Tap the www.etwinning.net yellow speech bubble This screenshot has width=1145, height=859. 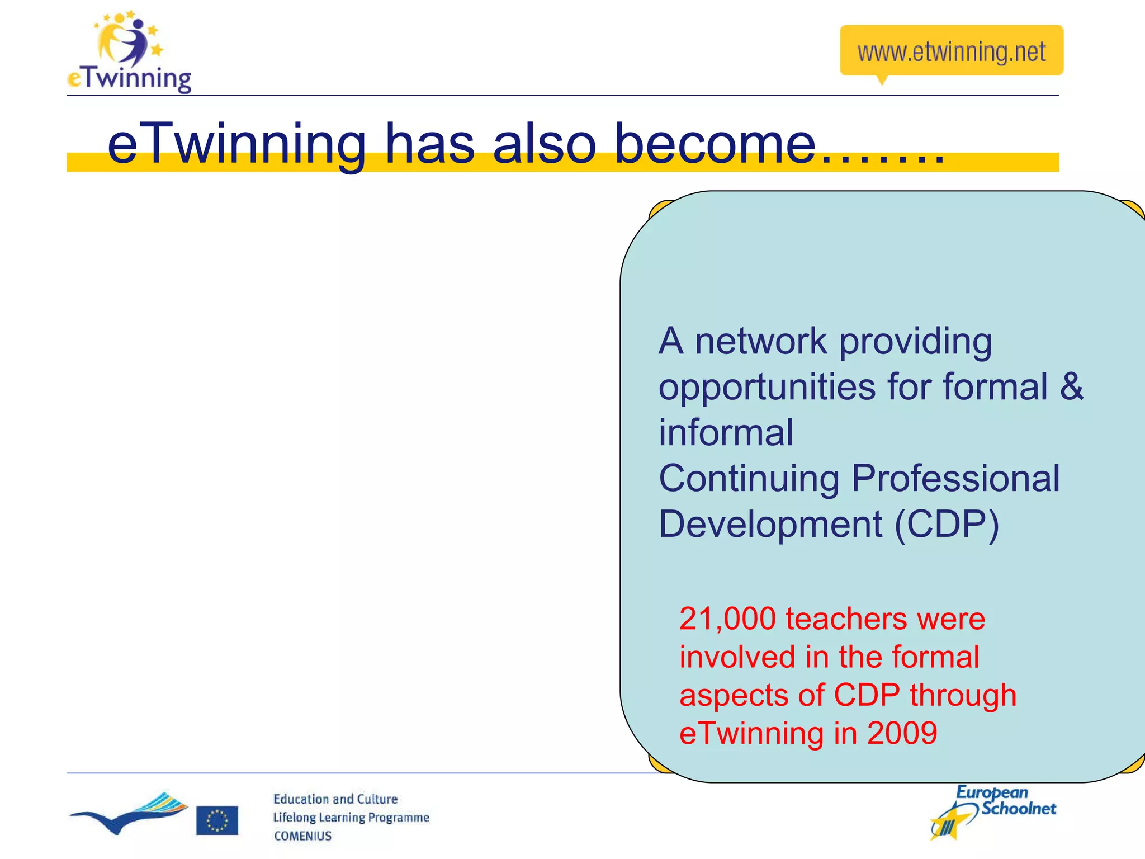951,51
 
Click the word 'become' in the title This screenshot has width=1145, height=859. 715,144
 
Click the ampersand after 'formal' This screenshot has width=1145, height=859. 1071,386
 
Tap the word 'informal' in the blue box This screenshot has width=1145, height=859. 726,432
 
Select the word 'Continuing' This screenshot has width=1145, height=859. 749,479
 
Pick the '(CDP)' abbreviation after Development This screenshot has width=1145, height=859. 946,525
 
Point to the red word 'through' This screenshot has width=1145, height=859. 963,695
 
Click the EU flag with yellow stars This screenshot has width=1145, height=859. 217,820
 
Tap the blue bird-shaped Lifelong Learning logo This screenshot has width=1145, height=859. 129,813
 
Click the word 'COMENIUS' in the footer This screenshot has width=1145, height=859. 302,836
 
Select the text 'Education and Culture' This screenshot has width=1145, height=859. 335,799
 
